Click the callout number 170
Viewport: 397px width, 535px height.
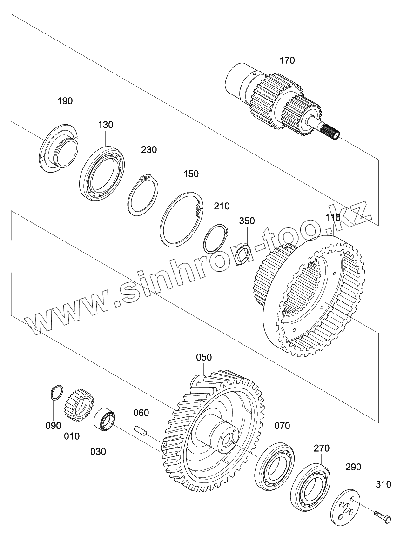[287, 60]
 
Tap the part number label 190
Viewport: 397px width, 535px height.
[65, 101]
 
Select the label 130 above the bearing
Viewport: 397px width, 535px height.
[106, 125]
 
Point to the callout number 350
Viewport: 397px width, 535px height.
[247, 221]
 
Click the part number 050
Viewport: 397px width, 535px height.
[203, 357]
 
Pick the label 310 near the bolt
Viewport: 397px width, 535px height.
[383, 484]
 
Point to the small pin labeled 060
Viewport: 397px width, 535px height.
[141, 430]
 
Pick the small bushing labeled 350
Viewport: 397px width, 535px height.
[242, 254]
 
